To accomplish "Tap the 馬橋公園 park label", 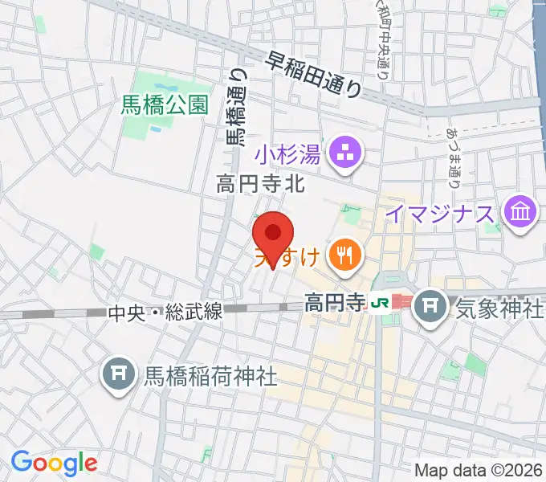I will [x=165, y=104].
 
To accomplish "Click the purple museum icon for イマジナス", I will [x=520, y=214].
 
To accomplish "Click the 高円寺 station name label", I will [x=334, y=303].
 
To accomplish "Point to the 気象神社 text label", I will [x=499, y=309].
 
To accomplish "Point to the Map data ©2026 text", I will [x=479, y=470].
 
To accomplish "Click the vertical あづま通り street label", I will [x=454, y=157].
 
